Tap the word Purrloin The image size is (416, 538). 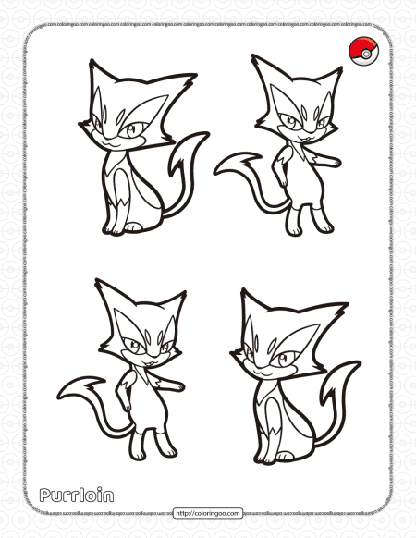coord(77,495)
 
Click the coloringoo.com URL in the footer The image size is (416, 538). coord(208,512)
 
